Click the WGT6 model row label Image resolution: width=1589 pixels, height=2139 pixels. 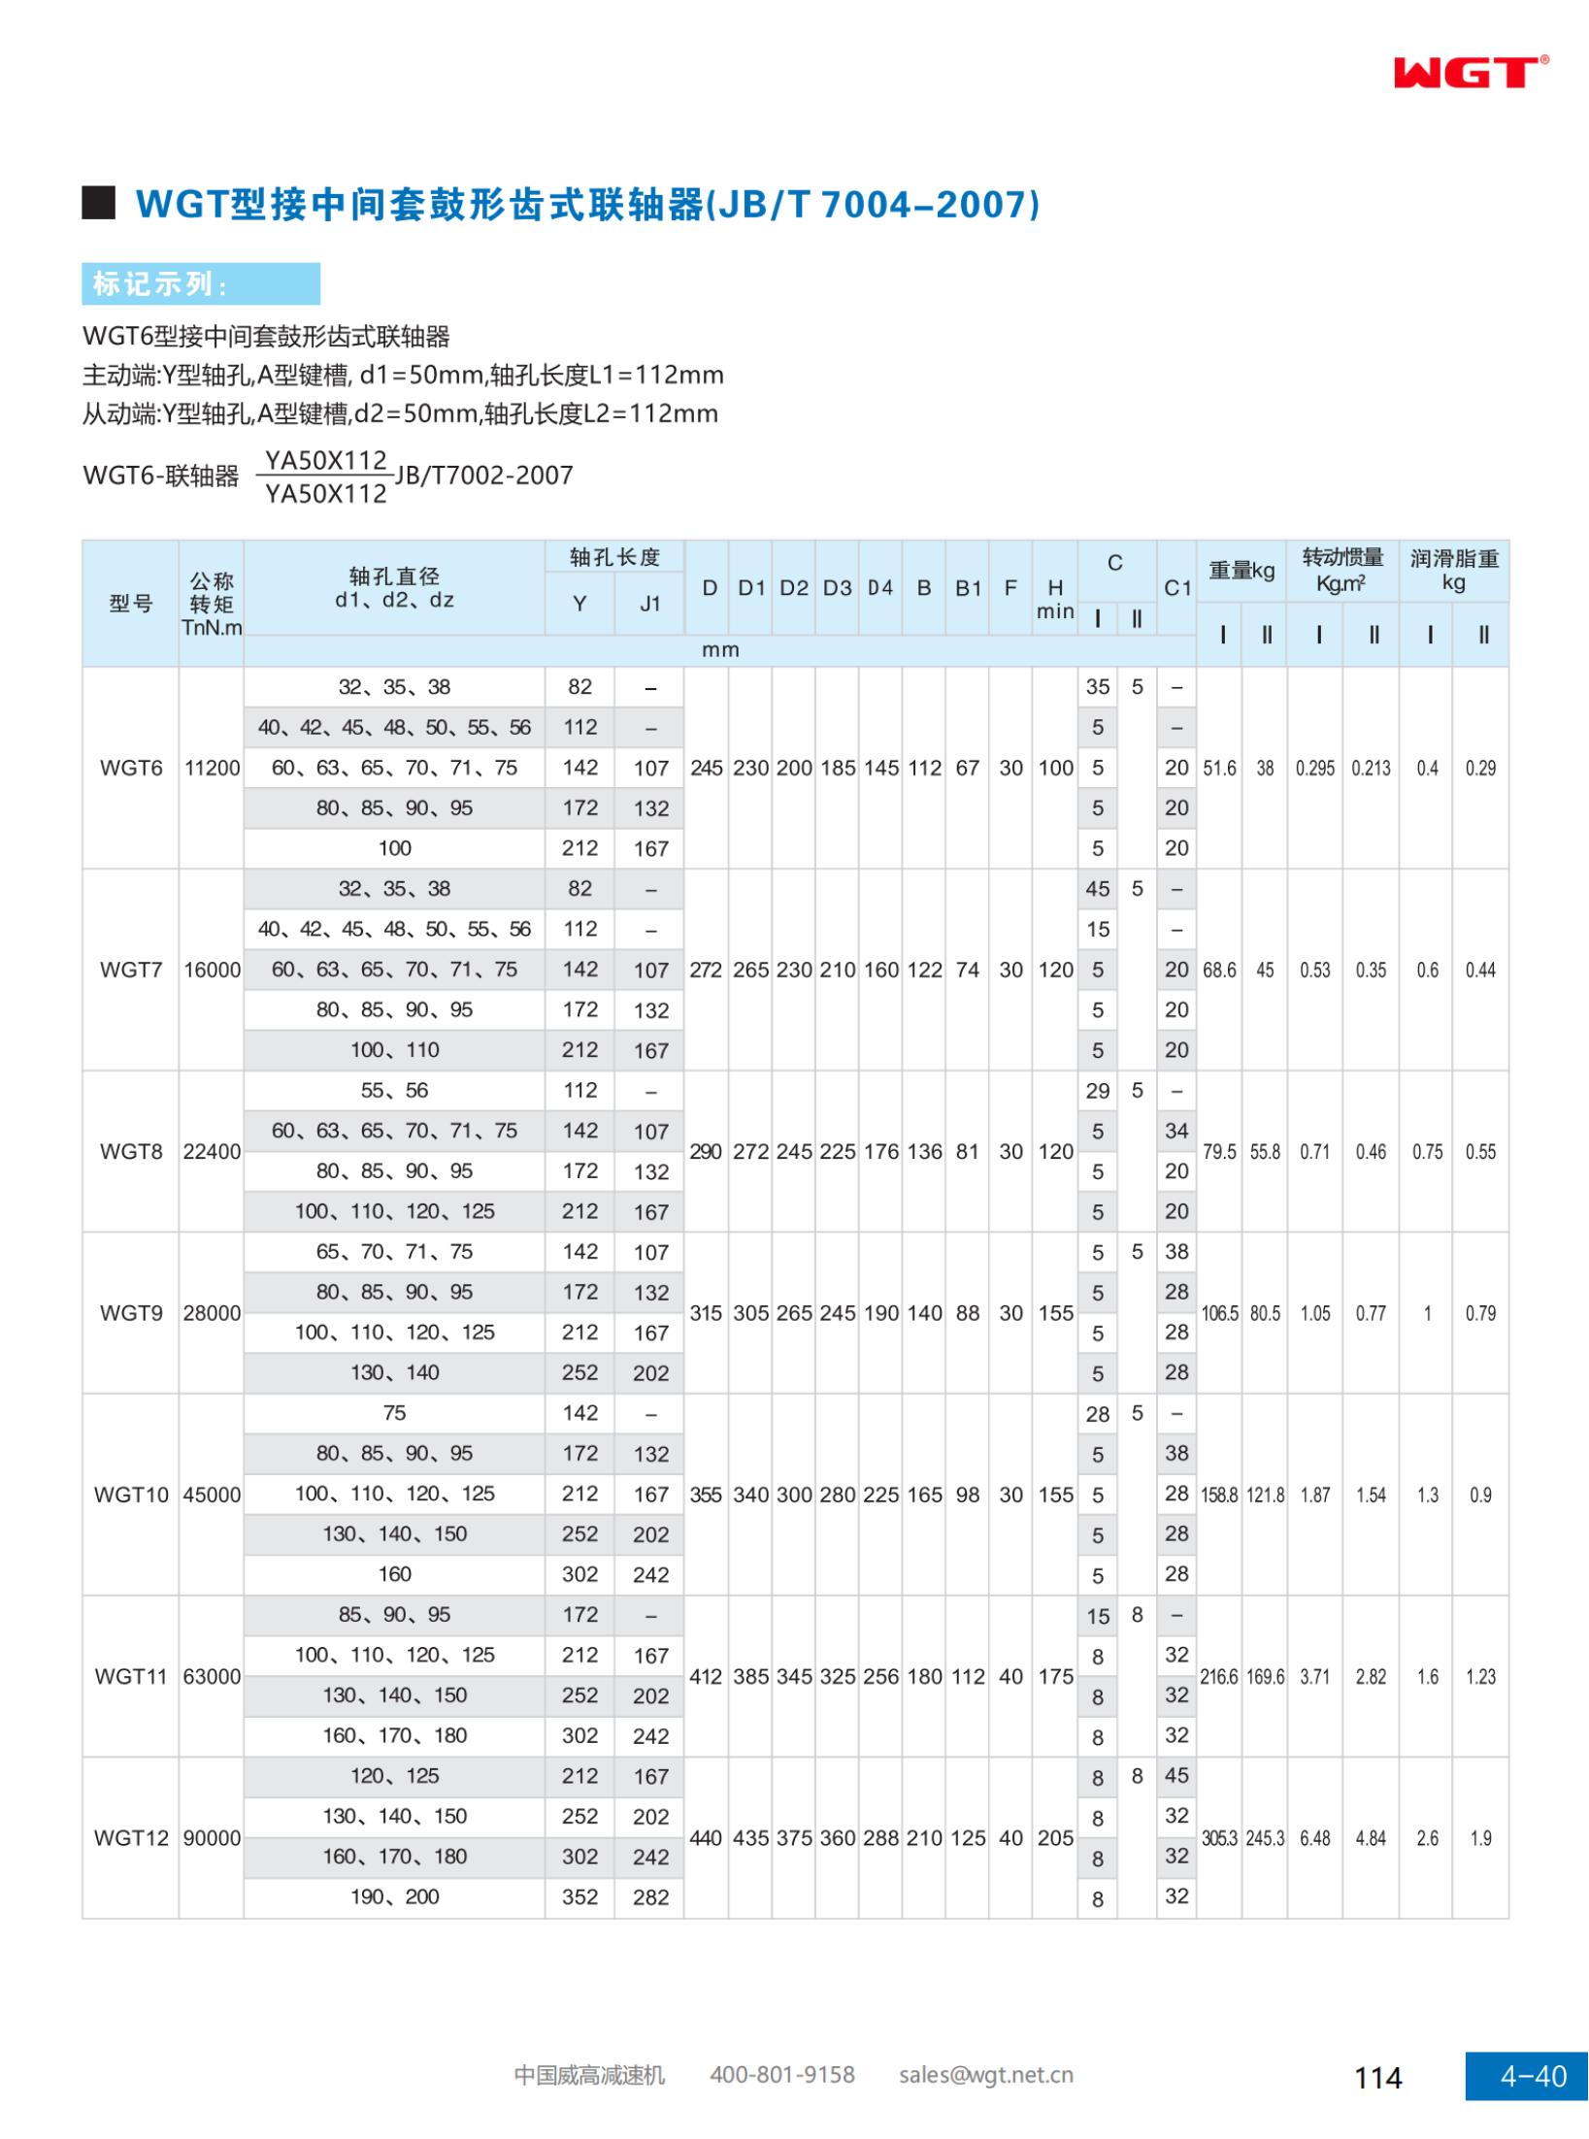click(131, 768)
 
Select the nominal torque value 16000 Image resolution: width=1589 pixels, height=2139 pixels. click(212, 970)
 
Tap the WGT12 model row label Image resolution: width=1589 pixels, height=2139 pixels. click(131, 1838)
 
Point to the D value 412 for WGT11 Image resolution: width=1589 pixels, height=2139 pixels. click(706, 1676)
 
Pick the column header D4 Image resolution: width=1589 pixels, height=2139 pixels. click(880, 588)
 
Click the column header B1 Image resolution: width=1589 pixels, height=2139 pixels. click(968, 588)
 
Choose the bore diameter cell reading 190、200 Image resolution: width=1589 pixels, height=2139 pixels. click(394, 1896)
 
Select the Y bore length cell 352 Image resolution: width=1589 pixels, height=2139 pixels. click(579, 1896)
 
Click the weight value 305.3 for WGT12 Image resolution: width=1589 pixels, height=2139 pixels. click(1219, 1838)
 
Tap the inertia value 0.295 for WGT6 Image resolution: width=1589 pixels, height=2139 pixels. click(1315, 768)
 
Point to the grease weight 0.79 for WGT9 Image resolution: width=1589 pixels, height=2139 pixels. click(1480, 1313)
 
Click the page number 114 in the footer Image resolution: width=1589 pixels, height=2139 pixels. click(1377, 2077)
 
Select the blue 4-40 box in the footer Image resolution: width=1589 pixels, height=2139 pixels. click(1526, 2076)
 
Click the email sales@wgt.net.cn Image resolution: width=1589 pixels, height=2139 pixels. click(985, 2075)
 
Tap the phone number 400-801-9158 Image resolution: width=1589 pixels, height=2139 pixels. click(781, 2075)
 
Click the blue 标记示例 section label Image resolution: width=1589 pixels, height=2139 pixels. click(201, 283)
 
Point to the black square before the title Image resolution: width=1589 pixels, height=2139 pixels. click(98, 202)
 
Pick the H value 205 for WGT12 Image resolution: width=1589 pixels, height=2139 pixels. click(1055, 1838)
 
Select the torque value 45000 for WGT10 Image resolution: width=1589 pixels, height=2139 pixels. click(212, 1495)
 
